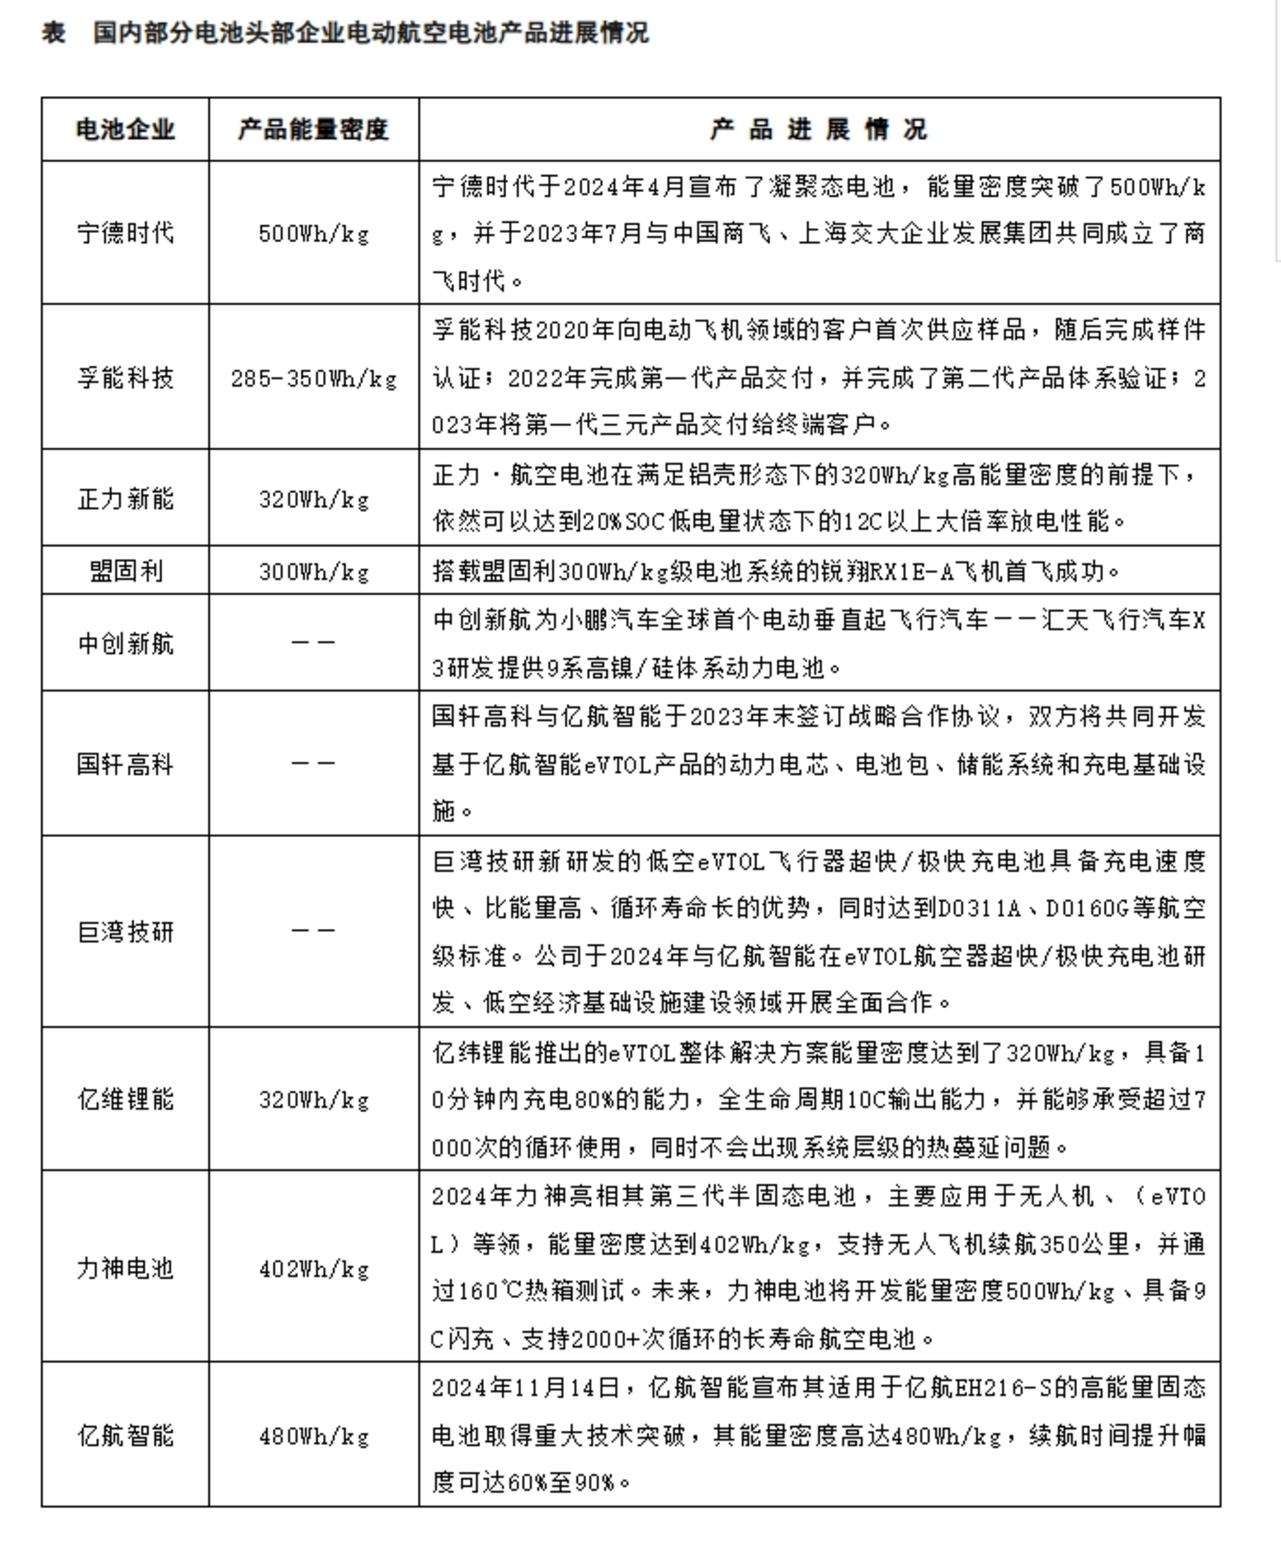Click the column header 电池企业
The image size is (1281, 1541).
tap(125, 130)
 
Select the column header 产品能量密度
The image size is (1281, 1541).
tap(313, 130)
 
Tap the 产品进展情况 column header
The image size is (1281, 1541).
tap(818, 130)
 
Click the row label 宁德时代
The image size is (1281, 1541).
tap(125, 233)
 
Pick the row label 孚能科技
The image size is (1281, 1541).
tap(125, 378)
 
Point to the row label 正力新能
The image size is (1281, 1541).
tap(125, 498)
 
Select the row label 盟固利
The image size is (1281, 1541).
tap(125, 570)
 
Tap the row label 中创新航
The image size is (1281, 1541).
tap(125, 643)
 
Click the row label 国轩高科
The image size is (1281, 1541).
tap(125, 763)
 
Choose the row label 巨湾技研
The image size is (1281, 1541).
tap(125, 932)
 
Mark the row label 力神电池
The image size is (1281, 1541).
tap(125, 1267)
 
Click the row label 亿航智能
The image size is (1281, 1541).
tap(125, 1435)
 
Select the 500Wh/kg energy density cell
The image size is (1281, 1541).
tap(313, 234)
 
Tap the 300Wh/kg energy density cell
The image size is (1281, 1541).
tap(313, 571)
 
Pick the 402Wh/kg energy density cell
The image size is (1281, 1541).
tap(313, 1268)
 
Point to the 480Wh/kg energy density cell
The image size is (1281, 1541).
tap(313, 1436)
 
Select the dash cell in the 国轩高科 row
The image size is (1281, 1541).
tap(313, 763)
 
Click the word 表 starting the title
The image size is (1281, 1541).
tap(53, 33)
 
